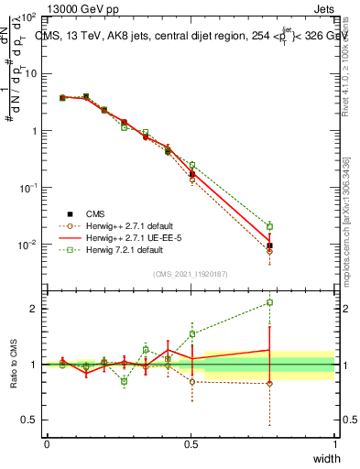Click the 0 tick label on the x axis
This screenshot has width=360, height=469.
[47, 444]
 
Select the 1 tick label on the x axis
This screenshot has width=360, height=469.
[335, 444]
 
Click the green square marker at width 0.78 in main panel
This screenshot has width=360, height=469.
[269, 226]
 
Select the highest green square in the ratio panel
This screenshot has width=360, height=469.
[269, 302]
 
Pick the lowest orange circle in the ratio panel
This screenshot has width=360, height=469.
[269, 383]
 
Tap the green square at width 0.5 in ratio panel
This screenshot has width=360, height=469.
[192, 333]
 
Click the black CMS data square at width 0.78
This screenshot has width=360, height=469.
[269, 245]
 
